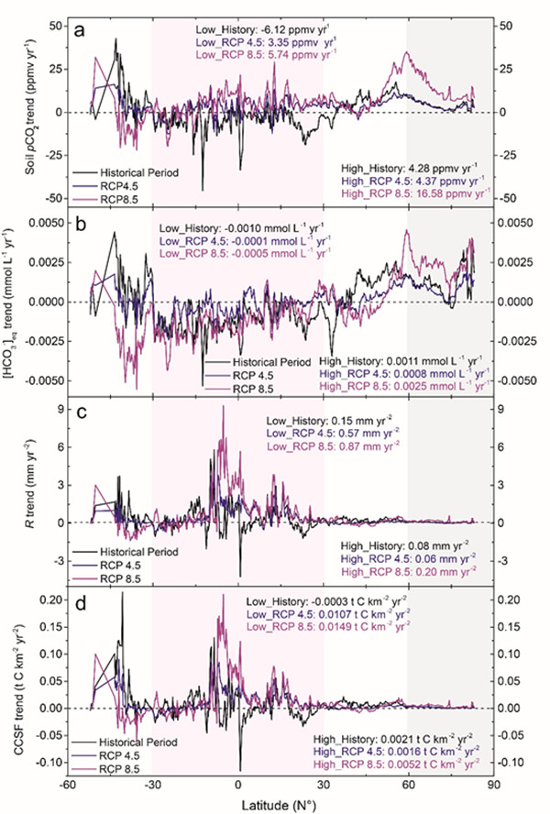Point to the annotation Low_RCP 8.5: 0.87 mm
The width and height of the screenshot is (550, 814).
(319, 445)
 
